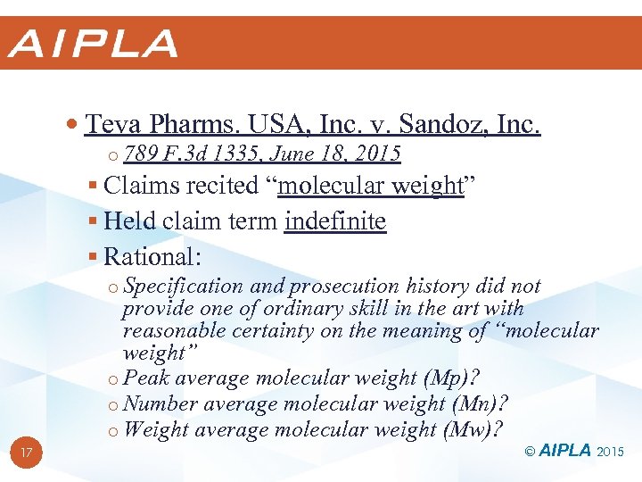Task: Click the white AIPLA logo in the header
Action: click(x=93, y=44)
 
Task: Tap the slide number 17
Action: click(x=27, y=453)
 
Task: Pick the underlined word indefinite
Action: click(x=335, y=221)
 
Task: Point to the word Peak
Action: click(x=146, y=378)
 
